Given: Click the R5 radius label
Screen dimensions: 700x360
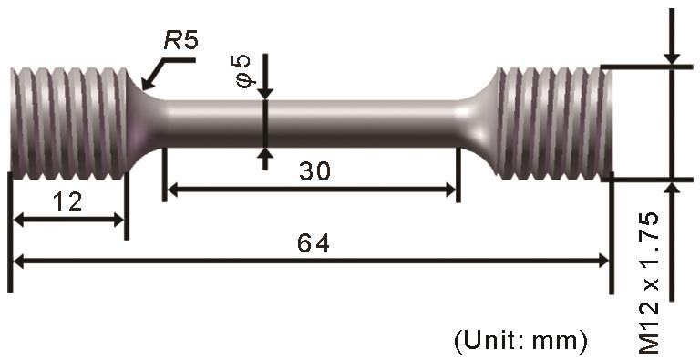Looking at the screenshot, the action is point(180,41).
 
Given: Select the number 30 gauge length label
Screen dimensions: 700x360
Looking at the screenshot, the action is point(315,171).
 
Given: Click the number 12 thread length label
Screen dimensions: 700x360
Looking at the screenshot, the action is point(67,202).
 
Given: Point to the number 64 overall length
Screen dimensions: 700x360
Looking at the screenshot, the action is point(314,243).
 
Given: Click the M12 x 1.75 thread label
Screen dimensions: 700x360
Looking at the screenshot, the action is point(649,283).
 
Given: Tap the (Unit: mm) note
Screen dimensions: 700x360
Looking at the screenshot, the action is point(520,342).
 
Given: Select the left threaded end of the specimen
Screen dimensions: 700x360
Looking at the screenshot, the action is point(69,124).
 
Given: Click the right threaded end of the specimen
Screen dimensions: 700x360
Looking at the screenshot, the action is point(554,124).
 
